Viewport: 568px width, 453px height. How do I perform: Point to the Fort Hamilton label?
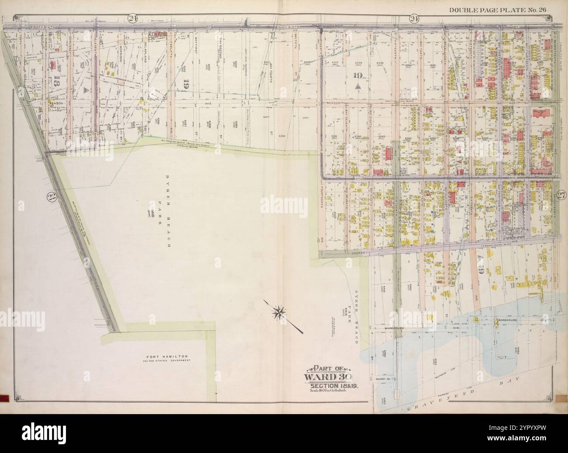coord(168,357)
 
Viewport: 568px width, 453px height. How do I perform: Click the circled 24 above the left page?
coord(132,18)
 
